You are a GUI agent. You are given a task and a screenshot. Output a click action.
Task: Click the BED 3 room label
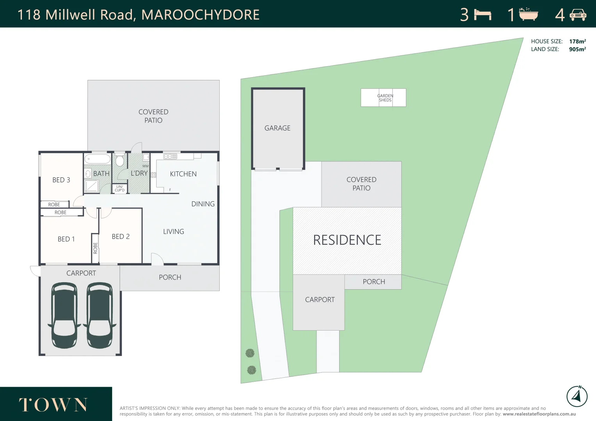pyautogui.click(x=61, y=180)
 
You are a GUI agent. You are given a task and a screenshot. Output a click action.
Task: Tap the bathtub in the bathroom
pyautogui.click(x=98, y=159)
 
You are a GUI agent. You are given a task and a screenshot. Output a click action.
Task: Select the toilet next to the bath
pyautogui.click(x=120, y=160)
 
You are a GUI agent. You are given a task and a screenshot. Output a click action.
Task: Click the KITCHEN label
pyautogui.click(x=183, y=174)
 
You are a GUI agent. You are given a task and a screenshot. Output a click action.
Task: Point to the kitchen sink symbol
pyautogui.click(x=170, y=156)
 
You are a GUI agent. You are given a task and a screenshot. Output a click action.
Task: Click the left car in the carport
pyautogui.click(x=64, y=315)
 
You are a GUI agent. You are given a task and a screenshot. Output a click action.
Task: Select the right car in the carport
pyautogui.click(x=100, y=315)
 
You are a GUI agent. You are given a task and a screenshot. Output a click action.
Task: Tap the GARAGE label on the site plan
pyautogui.click(x=278, y=128)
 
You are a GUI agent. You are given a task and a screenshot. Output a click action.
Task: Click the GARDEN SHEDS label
pyautogui.click(x=385, y=98)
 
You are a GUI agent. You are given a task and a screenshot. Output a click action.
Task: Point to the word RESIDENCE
pyautogui.click(x=347, y=240)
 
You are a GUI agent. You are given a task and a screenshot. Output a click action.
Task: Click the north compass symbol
pyautogui.click(x=577, y=396)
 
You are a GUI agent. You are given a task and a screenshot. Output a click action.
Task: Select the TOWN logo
pyautogui.click(x=53, y=405)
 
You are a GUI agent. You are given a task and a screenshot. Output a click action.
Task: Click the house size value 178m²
pyautogui.click(x=577, y=41)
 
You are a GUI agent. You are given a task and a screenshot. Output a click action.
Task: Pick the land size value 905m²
pyautogui.click(x=577, y=49)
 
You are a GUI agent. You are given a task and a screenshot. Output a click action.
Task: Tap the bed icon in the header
pyautogui.click(x=482, y=15)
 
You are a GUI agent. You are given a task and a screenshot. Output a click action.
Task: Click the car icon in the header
pyautogui.click(x=578, y=15)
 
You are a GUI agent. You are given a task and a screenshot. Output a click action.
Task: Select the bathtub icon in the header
pyautogui.click(x=529, y=14)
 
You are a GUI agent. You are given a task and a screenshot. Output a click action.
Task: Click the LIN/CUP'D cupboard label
pyautogui.click(x=119, y=188)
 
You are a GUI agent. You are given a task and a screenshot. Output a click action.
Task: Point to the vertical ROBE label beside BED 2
pyautogui.click(x=95, y=248)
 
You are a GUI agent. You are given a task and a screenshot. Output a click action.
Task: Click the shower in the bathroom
pyautogui.click(x=91, y=186)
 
